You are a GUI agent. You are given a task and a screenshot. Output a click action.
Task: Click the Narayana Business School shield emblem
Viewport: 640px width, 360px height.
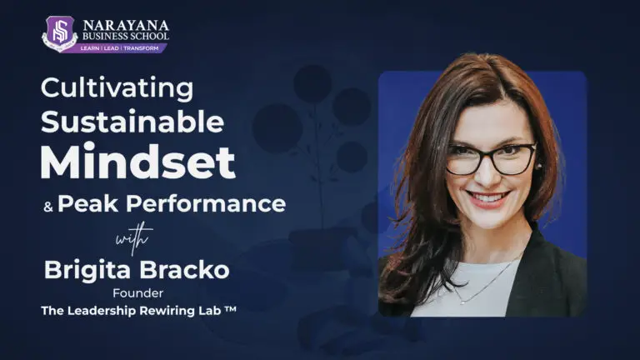click(59, 33)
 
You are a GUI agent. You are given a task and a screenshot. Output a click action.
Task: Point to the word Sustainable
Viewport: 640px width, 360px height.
click(132, 122)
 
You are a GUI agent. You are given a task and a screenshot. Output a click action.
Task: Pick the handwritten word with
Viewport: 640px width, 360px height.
click(133, 238)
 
